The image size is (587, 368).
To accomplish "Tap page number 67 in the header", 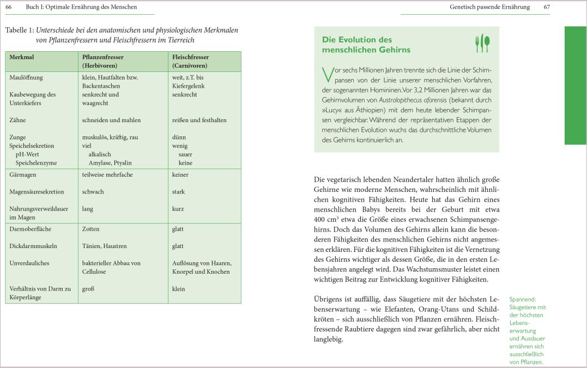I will tap(547, 7).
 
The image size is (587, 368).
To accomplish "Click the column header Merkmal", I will tap(21, 57).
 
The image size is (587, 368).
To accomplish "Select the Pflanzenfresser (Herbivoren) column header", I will tap(103, 61).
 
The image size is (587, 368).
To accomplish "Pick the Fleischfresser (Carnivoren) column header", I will tap(191, 61).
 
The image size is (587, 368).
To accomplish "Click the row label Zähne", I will tap(17, 120).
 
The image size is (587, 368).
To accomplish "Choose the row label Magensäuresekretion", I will tap(37, 192).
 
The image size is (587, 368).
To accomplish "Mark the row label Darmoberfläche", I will tap(31, 229).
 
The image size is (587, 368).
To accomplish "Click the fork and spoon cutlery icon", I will tap(482, 44).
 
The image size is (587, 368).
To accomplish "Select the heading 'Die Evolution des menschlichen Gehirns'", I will tap(366, 45).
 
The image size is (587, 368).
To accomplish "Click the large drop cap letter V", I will tap(328, 75).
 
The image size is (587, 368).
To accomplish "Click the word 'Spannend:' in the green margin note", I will tap(522, 299).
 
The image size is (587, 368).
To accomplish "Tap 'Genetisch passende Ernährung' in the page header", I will tap(489, 7).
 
